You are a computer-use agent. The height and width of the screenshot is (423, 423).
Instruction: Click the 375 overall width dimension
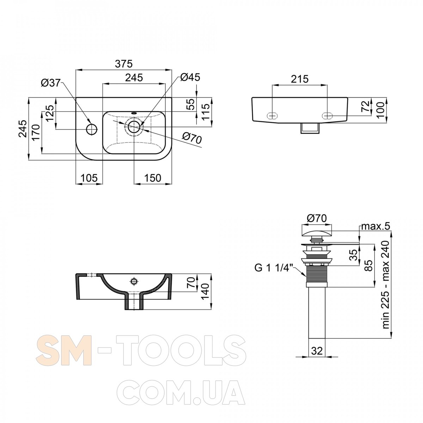(x=124, y=64)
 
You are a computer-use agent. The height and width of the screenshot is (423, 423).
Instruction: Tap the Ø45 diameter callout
(x=190, y=77)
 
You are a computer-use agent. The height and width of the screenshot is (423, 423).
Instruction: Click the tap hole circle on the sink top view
(x=92, y=129)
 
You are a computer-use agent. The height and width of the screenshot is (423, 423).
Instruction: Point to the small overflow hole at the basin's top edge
(x=134, y=114)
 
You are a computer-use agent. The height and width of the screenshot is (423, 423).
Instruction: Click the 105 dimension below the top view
(x=89, y=178)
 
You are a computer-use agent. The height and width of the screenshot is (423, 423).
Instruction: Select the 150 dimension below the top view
(x=153, y=178)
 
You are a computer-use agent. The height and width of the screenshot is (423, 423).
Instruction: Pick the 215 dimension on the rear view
(x=300, y=79)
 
